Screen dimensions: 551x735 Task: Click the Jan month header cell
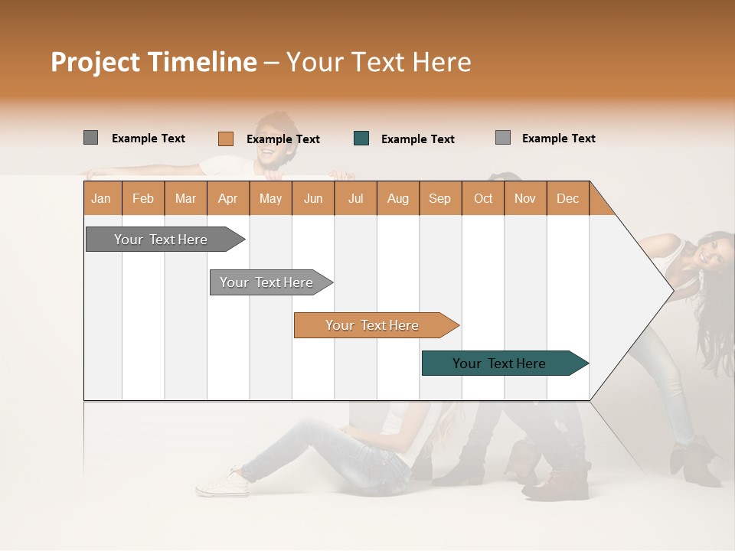coord(102,198)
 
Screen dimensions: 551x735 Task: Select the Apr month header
coord(228,198)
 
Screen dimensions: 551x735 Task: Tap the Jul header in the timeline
coord(355,198)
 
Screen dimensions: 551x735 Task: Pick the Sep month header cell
coord(440,198)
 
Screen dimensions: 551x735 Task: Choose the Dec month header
coord(567,198)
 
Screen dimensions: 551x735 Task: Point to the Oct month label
coord(483,198)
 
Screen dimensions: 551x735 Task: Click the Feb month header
coord(143,198)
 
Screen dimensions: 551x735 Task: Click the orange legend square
coord(225,139)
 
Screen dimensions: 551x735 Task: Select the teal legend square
coord(361,139)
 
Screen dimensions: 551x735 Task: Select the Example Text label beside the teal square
coord(418,139)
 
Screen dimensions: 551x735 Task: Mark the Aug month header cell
coord(398,198)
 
